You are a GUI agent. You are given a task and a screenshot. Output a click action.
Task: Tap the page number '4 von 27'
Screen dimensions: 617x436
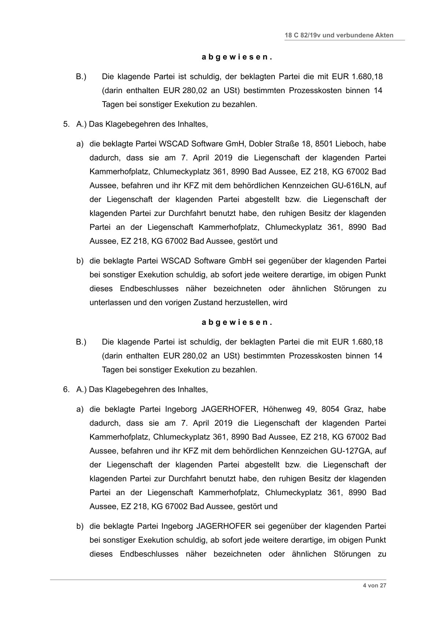point(374,585)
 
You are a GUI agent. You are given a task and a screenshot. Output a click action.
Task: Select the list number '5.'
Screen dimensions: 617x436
point(66,124)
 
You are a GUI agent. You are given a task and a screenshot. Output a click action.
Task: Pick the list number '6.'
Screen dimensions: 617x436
point(66,389)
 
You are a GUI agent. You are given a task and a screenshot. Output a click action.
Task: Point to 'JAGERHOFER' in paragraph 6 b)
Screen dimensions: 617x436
point(223,526)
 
